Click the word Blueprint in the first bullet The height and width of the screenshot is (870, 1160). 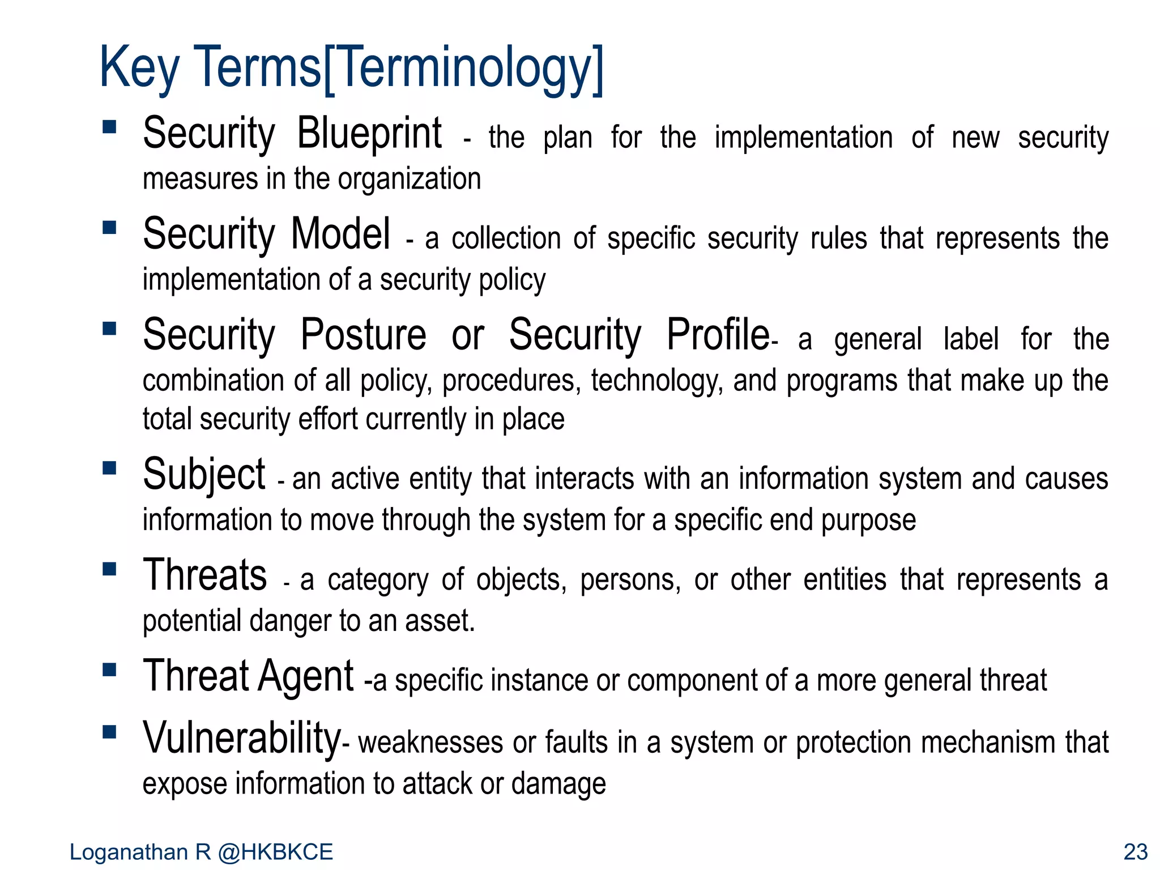tap(369, 134)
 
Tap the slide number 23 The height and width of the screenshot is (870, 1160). tap(1135, 852)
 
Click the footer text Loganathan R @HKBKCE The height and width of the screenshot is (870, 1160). tap(201, 852)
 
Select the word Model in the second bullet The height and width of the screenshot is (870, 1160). tap(340, 234)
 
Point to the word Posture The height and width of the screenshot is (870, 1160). tap(363, 335)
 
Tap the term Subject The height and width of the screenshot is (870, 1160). tap(204, 475)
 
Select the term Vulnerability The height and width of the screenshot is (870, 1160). tap(242, 738)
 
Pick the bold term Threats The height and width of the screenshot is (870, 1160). tap(204, 575)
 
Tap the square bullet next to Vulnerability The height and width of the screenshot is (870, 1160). tap(109, 732)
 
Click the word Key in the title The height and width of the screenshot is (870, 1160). tap(139, 69)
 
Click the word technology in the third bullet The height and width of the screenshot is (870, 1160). tap(657, 381)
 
